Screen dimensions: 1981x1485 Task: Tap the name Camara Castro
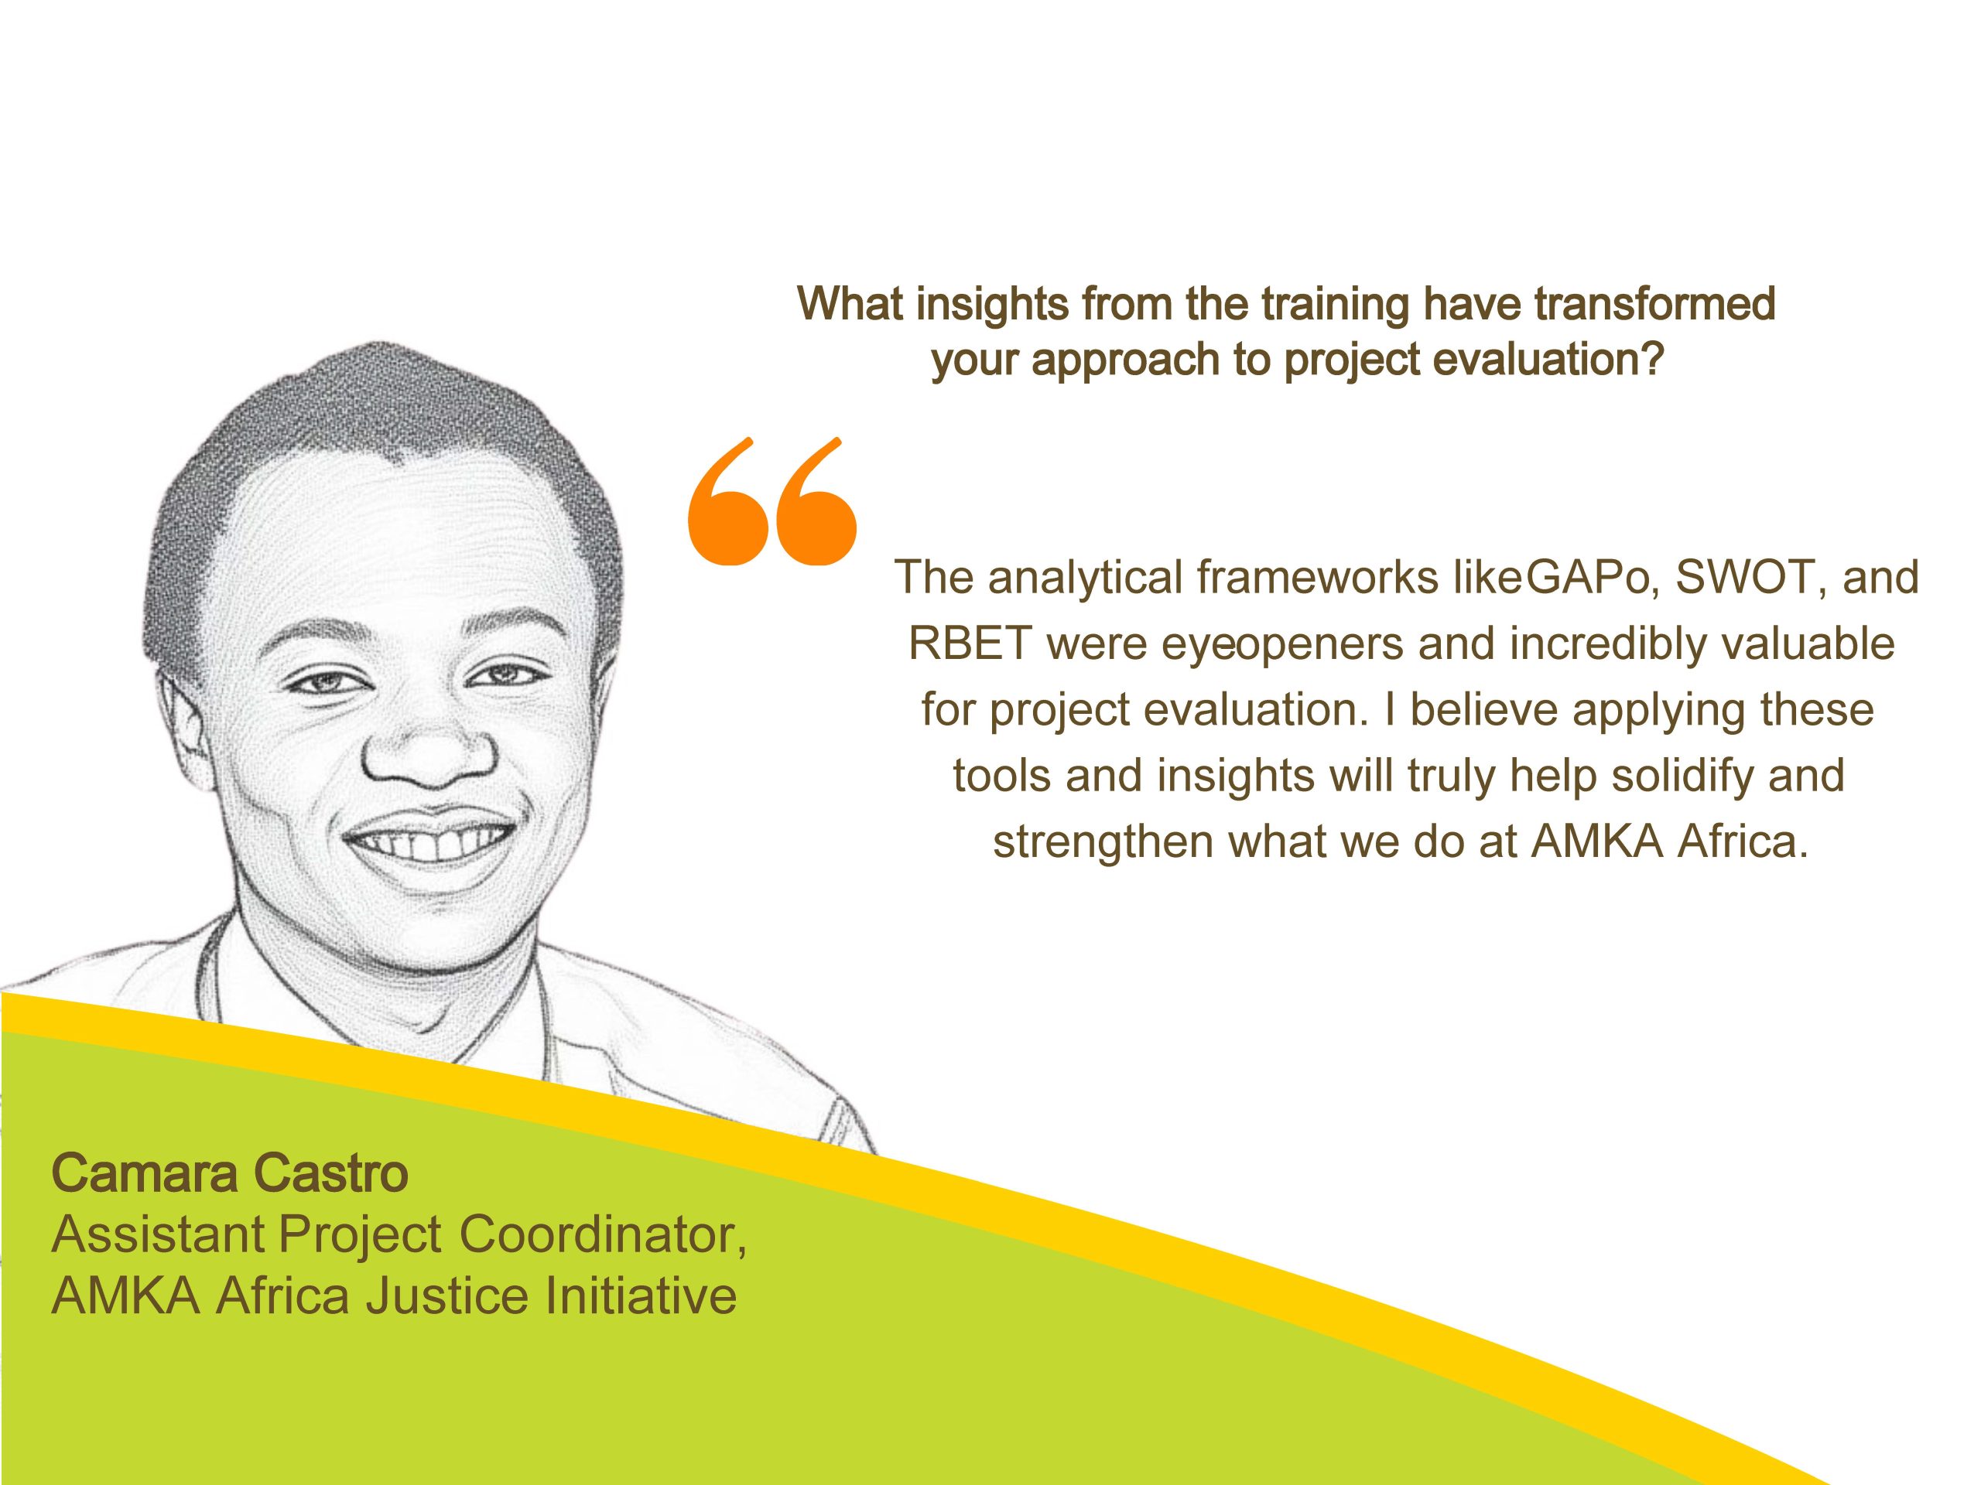pos(230,1173)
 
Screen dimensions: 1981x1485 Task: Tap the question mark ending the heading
pos(1651,359)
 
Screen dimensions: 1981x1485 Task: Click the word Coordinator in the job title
pos(604,1236)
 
